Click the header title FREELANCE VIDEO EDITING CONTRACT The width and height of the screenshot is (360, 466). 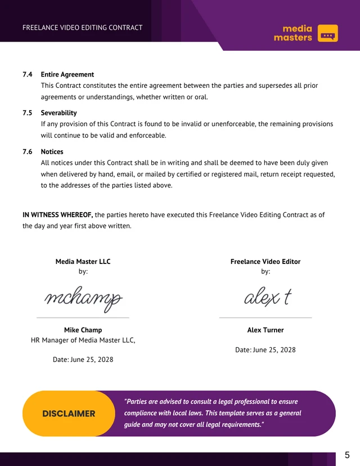coord(82,28)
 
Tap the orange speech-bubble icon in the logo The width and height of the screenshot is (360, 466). coord(327,33)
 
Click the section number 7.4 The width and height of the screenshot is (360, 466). coord(27,74)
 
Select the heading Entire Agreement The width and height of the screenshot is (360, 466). coord(67,74)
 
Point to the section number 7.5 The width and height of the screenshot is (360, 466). coord(27,113)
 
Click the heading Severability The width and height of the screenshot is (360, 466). coord(58,113)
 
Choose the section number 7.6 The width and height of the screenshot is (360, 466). coord(27,151)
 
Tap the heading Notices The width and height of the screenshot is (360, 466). coord(52,151)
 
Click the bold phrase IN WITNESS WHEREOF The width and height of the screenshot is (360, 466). coord(57,214)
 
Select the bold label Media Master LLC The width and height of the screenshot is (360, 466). coord(83,261)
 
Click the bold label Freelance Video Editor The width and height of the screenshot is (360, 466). coord(265,261)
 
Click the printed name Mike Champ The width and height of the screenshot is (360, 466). coord(83,330)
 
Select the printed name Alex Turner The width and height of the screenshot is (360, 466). coord(265,330)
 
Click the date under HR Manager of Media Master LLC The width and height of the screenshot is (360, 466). coord(83,359)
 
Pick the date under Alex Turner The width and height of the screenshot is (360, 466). coord(265,349)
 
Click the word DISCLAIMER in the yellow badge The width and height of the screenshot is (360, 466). coord(69,414)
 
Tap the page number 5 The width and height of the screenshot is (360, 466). coord(347,455)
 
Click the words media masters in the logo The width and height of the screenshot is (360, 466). coord(292,33)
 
